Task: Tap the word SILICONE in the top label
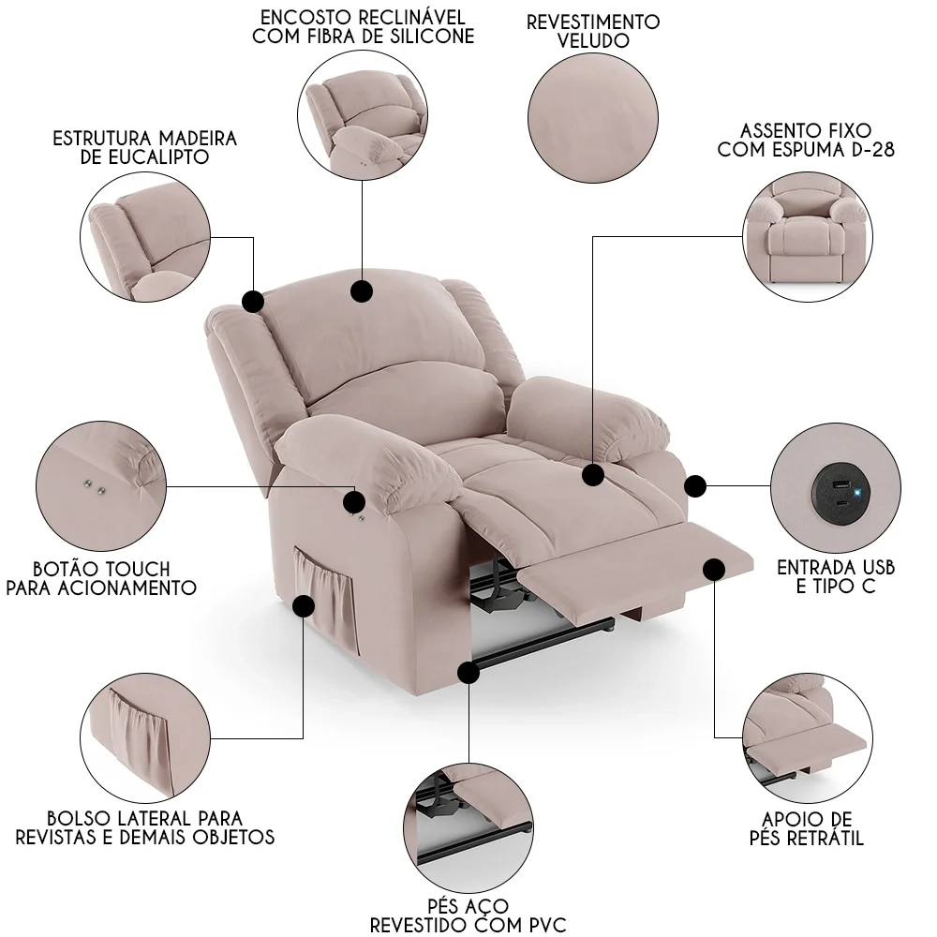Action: tap(425, 37)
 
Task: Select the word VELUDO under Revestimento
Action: tap(593, 41)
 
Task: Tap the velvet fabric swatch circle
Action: tap(592, 109)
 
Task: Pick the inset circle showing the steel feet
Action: tap(468, 825)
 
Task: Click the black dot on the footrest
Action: tap(714, 570)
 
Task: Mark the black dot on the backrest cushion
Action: tap(362, 290)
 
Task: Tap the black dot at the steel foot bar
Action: tap(468, 671)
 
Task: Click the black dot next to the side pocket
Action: tap(303, 606)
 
